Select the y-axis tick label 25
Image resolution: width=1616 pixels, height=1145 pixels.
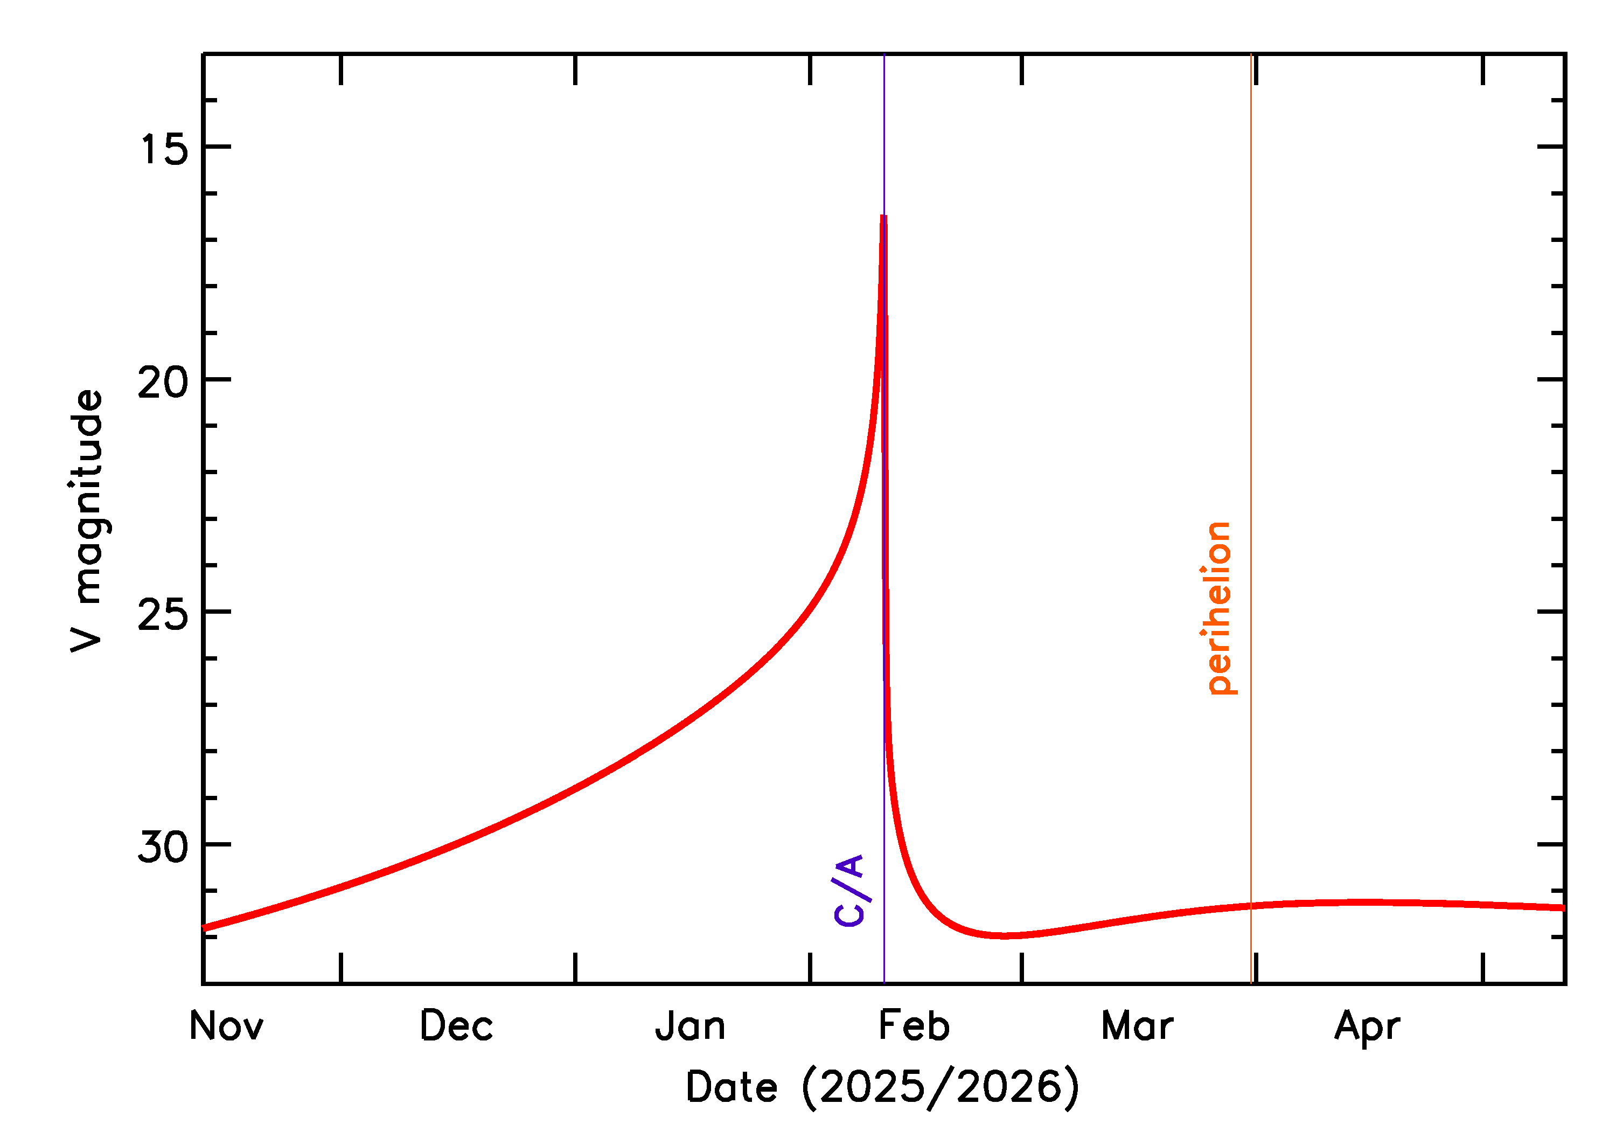[x=164, y=614]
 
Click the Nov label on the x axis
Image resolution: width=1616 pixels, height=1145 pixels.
[x=226, y=1026]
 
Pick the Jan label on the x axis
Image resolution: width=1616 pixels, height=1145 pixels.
[x=690, y=1026]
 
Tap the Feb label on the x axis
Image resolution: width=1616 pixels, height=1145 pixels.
[x=914, y=1026]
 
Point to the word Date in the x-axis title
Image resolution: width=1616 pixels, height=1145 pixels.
[x=731, y=1087]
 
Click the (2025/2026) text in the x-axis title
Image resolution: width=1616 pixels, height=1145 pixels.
[x=941, y=1087]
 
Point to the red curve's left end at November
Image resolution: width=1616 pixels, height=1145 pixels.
[x=204, y=928]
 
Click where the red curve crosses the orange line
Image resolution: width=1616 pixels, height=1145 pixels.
[x=1251, y=906]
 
